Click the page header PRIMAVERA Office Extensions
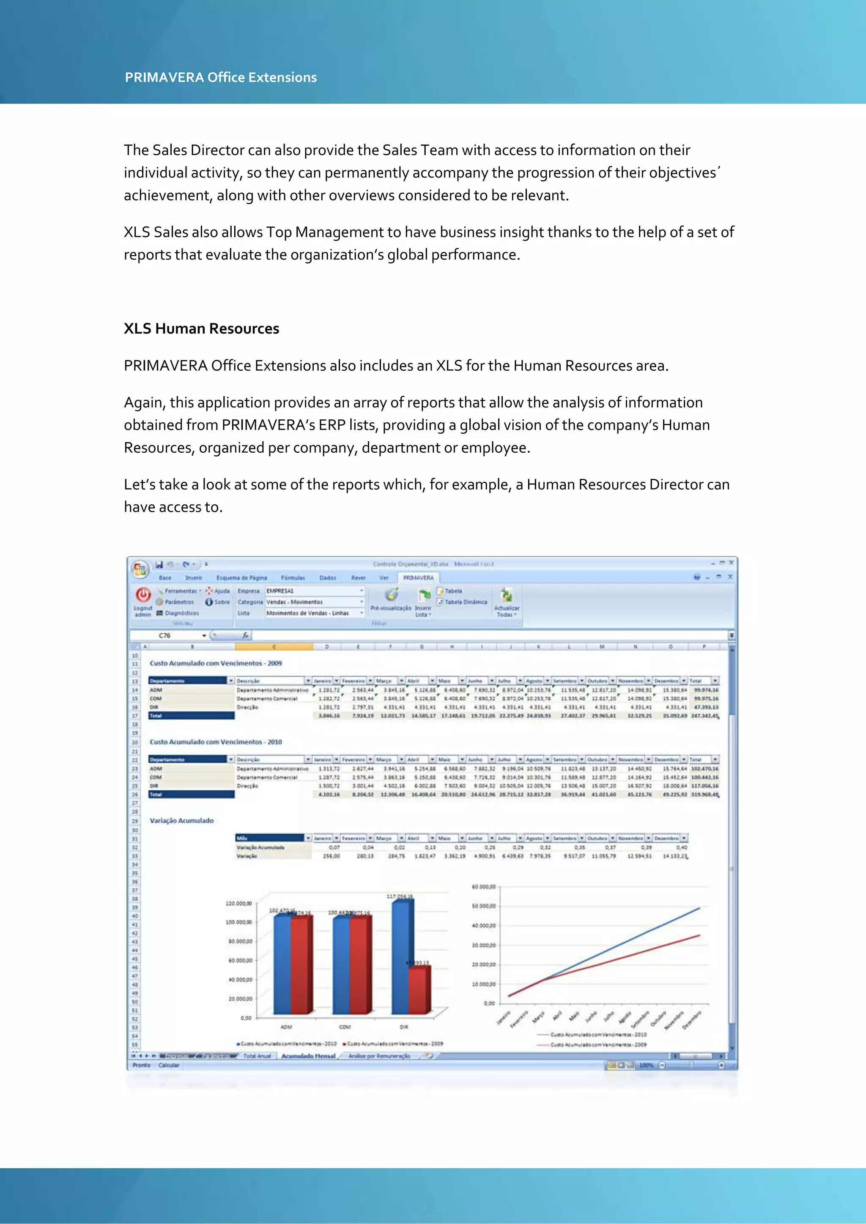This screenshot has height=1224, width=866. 221,77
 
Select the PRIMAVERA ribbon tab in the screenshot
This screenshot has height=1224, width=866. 418,577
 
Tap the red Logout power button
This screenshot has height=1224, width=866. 143,594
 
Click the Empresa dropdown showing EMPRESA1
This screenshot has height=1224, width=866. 315,591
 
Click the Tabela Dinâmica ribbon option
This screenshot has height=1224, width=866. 465,602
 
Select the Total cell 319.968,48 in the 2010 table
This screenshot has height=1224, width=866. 705,794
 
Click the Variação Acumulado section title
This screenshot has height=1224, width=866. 181,820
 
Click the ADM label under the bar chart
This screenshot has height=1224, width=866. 286,1027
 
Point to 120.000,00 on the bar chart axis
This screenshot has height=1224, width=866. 238,904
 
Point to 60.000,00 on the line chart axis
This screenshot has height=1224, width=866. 484,887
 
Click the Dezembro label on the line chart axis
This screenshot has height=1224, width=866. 692,1020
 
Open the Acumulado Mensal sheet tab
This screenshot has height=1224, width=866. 308,1055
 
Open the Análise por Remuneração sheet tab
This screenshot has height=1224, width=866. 379,1055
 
